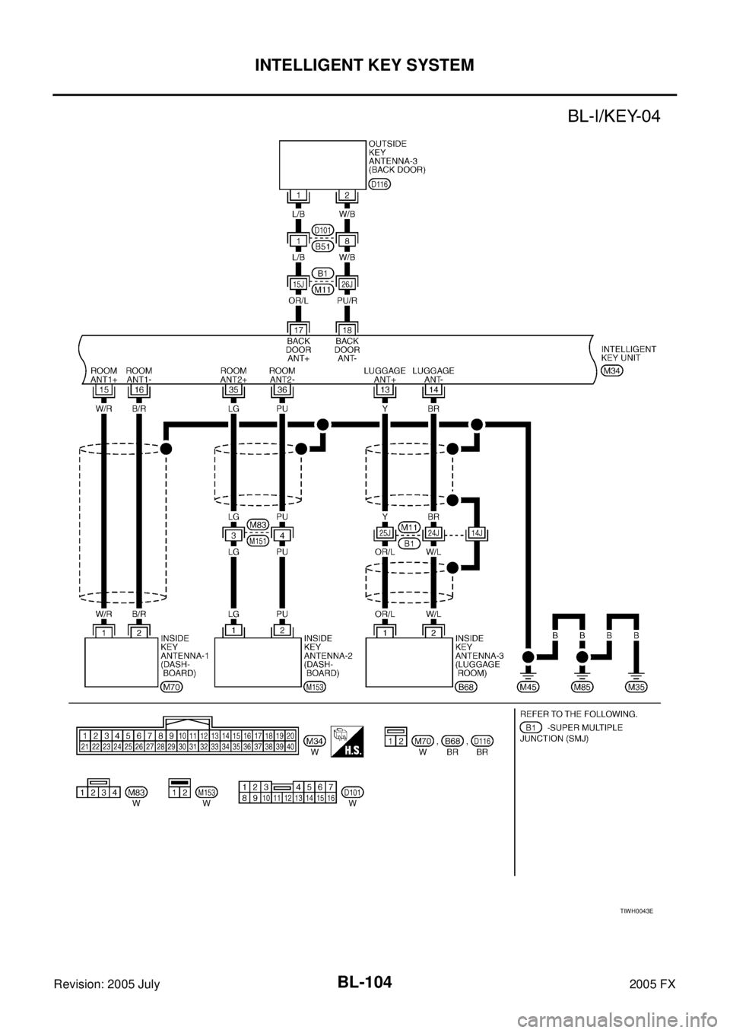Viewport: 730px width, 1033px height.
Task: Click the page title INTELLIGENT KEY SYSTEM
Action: pos(364,65)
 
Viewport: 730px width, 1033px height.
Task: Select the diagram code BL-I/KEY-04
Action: pos(614,116)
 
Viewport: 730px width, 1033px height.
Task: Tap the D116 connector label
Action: pos(380,184)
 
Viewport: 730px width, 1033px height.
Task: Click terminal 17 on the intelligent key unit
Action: pos(299,330)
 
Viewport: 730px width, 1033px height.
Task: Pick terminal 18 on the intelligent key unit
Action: pos(347,330)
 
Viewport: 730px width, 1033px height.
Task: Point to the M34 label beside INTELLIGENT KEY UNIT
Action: pos(612,370)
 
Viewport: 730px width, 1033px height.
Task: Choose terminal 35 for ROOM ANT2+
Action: pos(233,390)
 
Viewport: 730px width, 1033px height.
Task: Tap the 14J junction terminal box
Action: pos(477,533)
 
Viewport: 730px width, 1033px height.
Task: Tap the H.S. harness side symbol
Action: pos(348,742)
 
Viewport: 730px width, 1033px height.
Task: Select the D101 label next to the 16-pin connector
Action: pos(353,792)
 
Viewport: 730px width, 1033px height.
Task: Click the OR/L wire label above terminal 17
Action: pos(298,300)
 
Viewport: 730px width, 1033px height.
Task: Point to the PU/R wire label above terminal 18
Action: pos(347,300)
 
